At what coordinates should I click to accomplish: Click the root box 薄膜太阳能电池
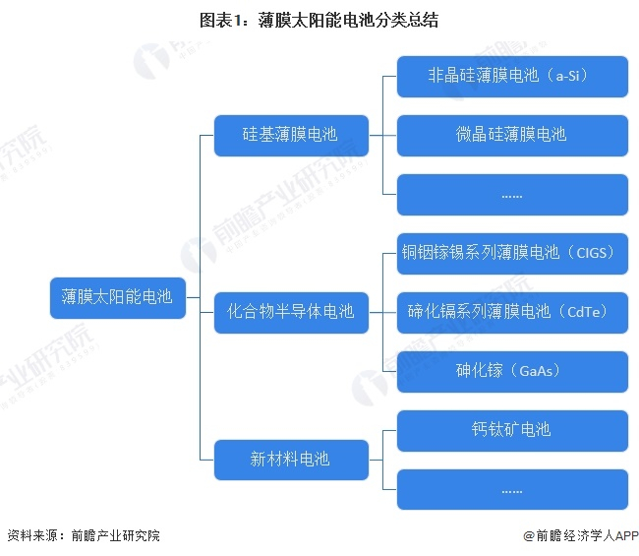(x=116, y=296)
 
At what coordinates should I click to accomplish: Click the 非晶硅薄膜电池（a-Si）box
(x=512, y=76)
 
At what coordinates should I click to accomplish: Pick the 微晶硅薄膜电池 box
(x=512, y=135)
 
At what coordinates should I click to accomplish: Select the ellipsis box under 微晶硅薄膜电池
(x=512, y=194)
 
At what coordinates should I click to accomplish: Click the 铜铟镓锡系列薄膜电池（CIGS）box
(x=512, y=253)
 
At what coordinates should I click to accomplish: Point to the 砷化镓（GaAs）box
(x=512, y=371)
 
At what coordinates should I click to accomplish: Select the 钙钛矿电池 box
(x=512, y=430)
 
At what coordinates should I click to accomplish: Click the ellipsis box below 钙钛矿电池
(x=512, y=489)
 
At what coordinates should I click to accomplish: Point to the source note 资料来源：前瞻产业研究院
(x=83, y=536)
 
